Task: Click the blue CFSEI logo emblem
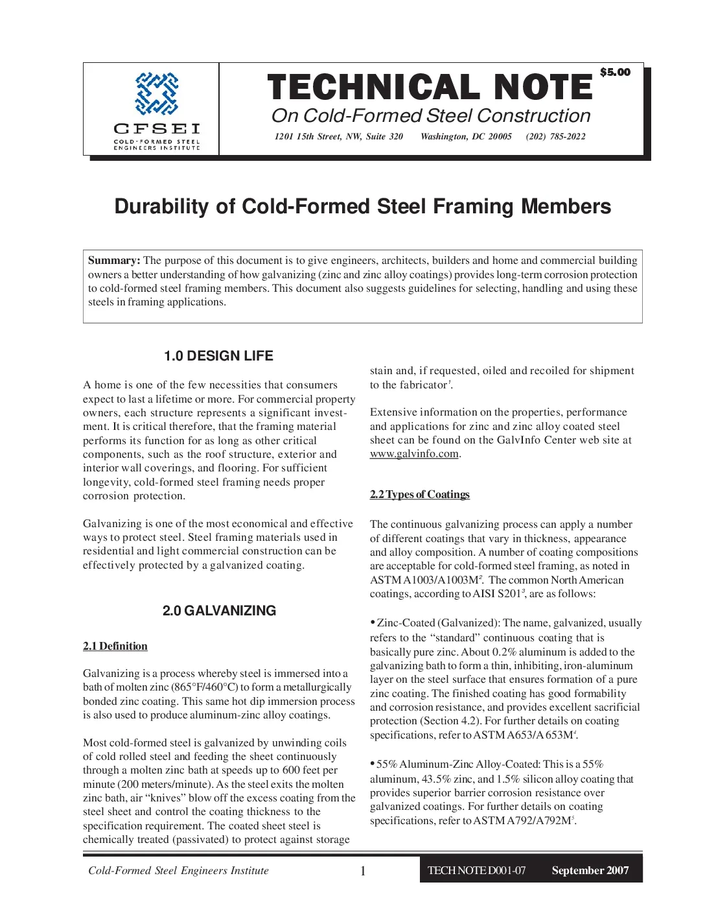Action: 156,94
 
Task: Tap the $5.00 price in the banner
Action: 615,72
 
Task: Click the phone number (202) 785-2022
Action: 555,136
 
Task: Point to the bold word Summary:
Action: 114,261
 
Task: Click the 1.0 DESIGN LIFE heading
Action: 218,356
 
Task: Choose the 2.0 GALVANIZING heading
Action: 219,611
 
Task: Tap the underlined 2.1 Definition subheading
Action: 115,646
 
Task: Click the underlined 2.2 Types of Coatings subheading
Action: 419,494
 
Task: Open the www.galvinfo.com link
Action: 414,454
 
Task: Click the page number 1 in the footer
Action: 363,871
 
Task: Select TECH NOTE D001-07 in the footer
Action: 476,871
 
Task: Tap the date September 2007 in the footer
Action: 590,871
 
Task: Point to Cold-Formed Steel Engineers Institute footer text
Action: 178,871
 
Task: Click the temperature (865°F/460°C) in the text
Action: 205,687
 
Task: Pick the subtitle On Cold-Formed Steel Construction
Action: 431,115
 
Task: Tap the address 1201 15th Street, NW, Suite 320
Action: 338,136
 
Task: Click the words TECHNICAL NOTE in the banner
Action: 430,88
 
